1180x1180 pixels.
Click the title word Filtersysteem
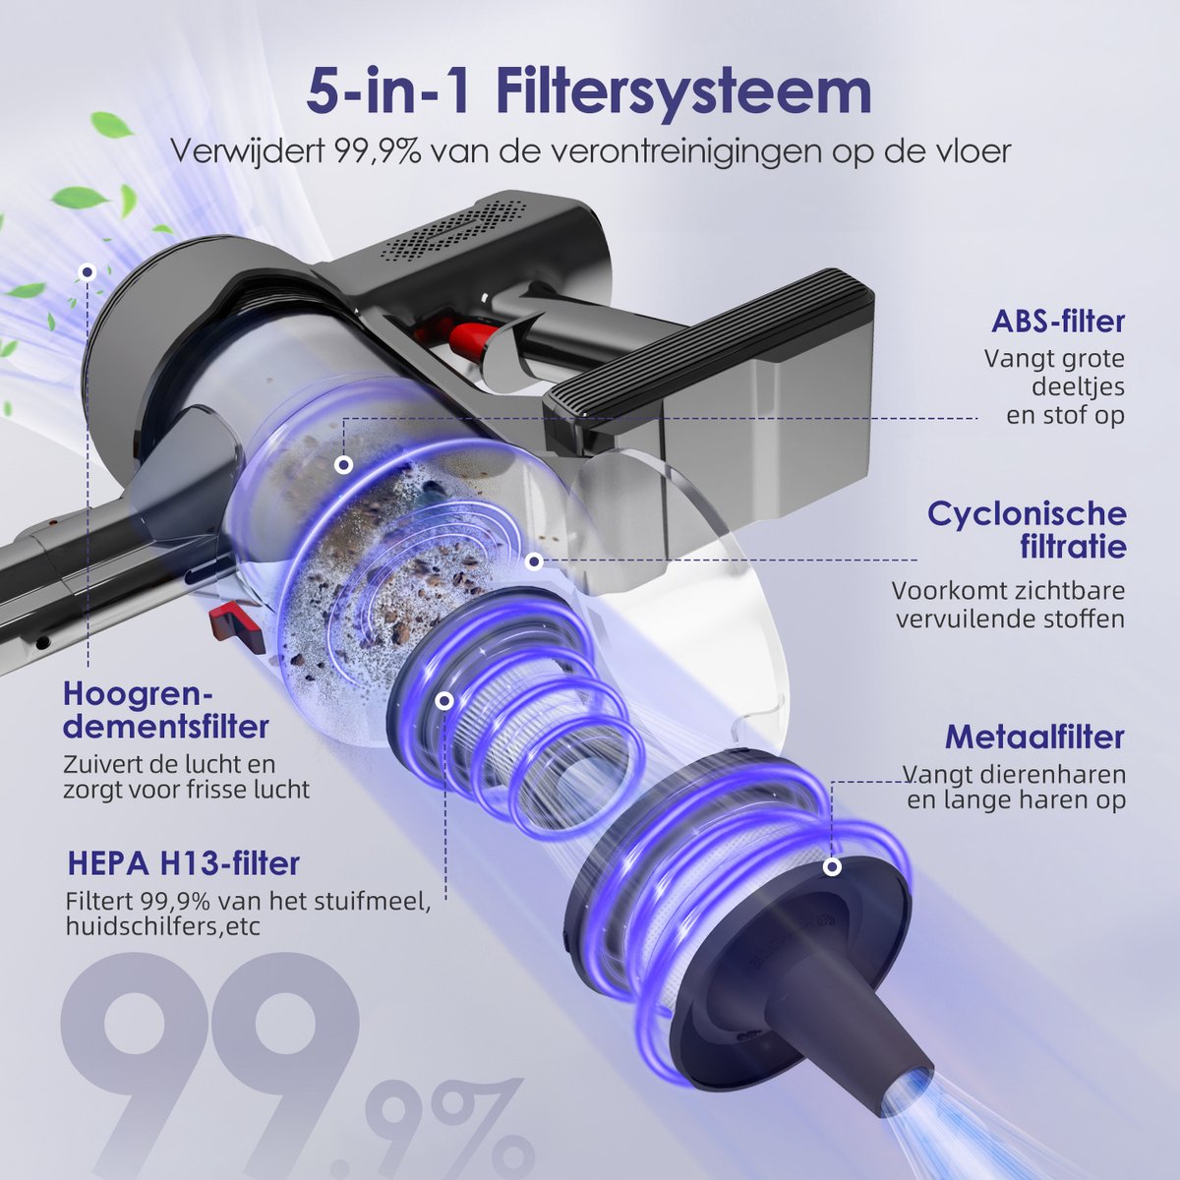click(684, 92)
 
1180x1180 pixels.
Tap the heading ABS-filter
click(1058, 323)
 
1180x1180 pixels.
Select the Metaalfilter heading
click(1034, 737)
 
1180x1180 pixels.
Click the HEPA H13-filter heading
click(183, 862)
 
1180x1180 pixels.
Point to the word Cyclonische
click(1027, 513)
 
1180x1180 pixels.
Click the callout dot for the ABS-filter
click(344, 465)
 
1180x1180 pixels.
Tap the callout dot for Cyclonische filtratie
click(534, 560)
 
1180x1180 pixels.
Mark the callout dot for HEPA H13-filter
click(445, 702)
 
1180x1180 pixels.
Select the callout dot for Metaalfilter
click(832, 867)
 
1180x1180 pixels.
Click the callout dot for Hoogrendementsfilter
click(88, 272)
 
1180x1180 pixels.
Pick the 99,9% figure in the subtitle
click(378, 151)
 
